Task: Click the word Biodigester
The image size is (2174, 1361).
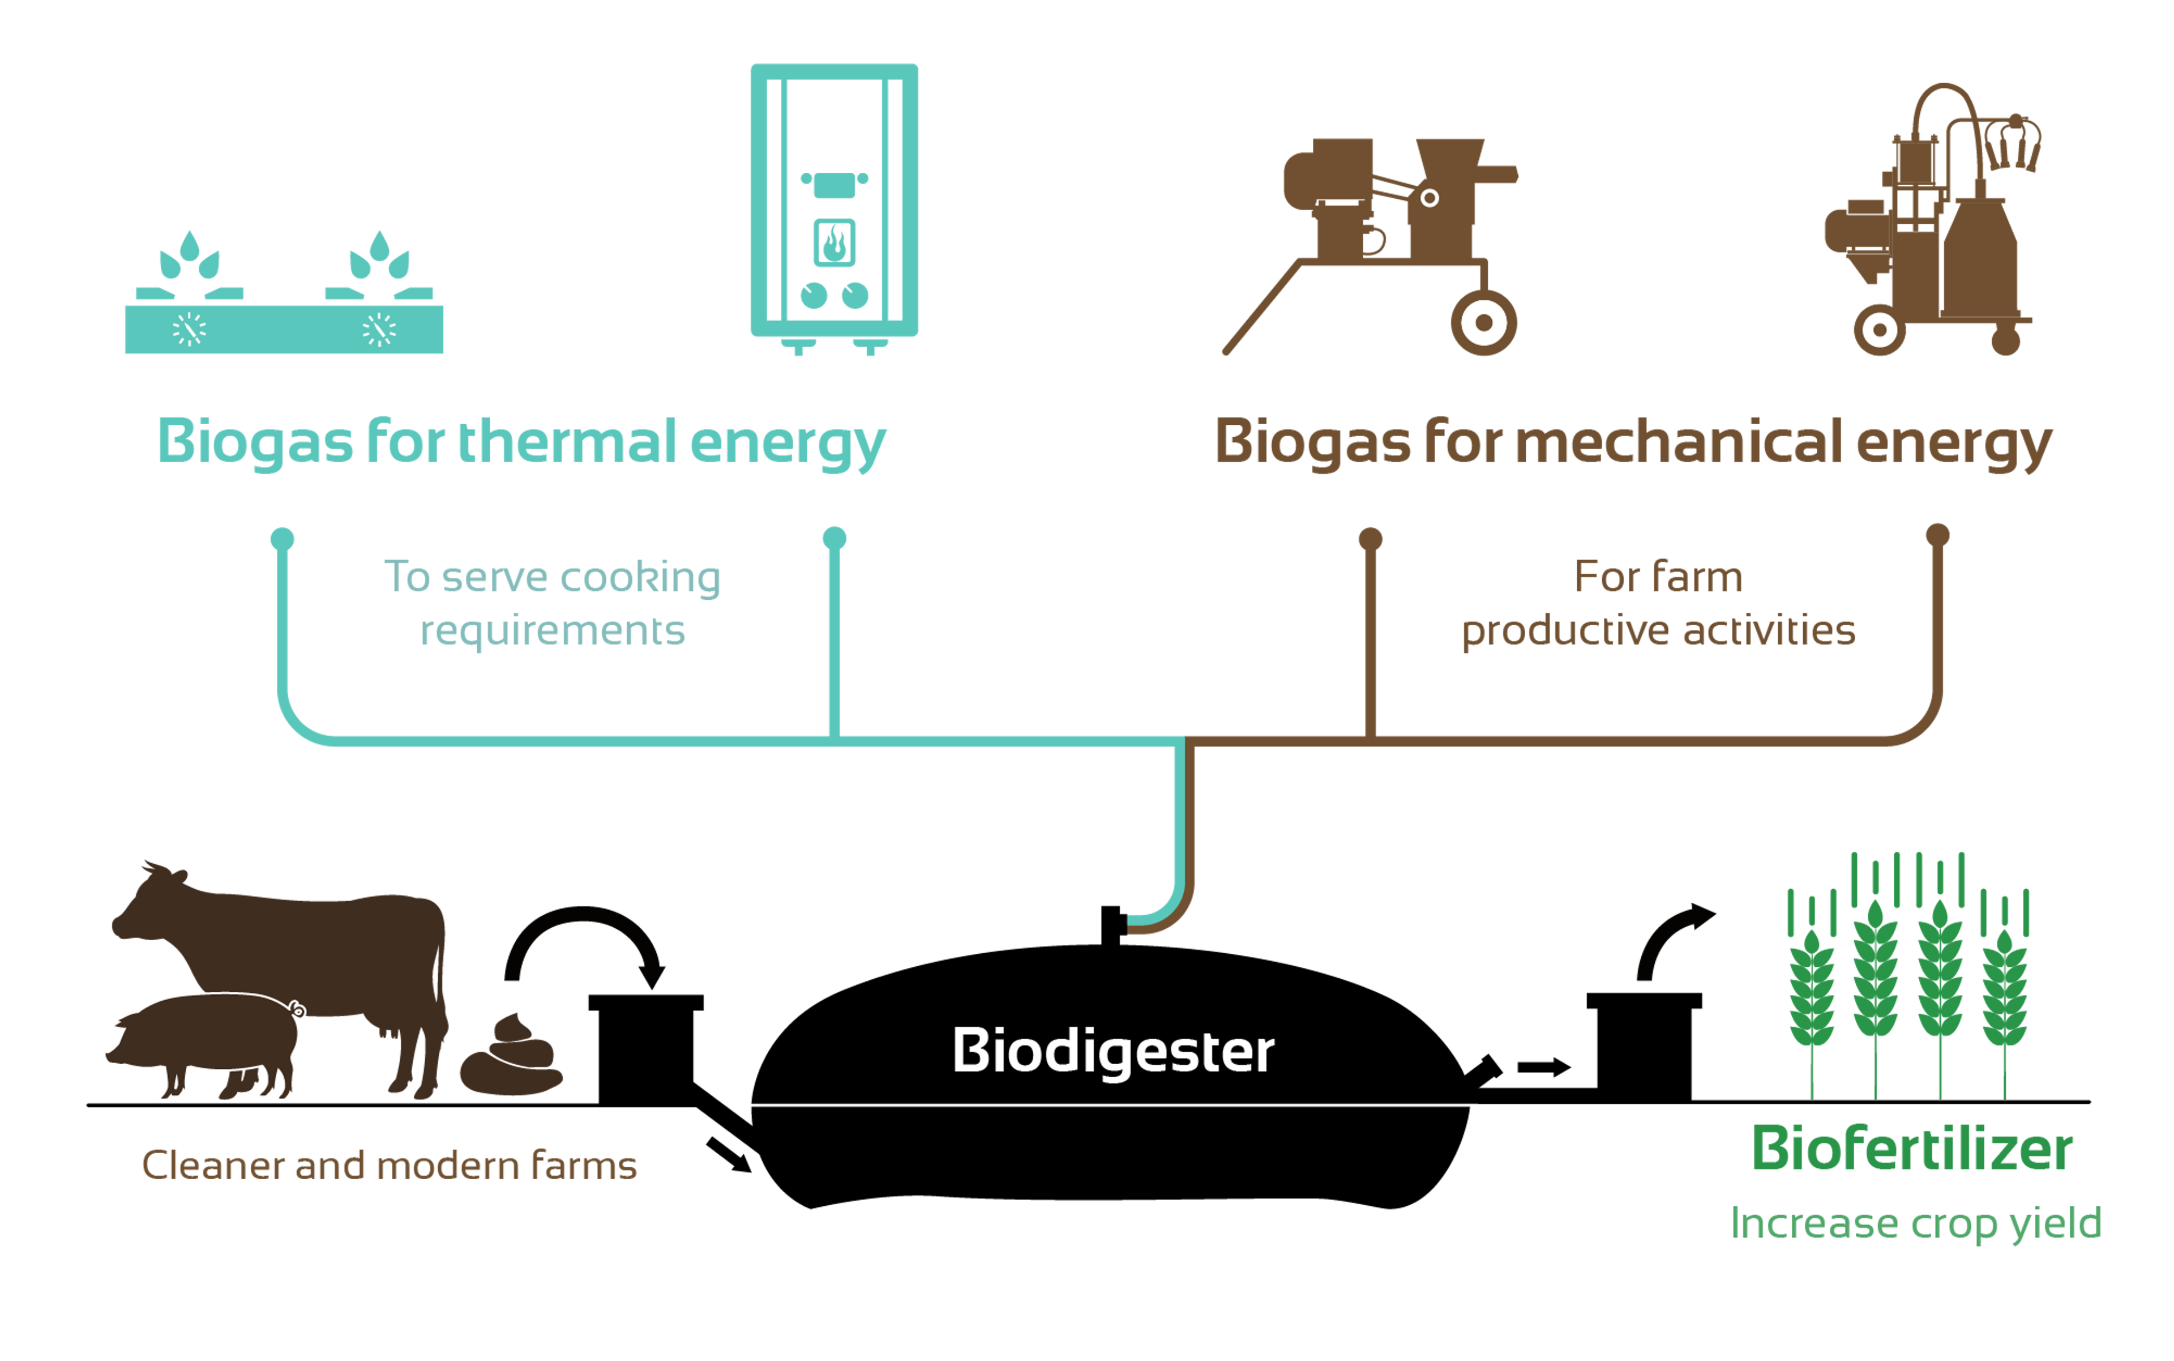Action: [1113, 1051]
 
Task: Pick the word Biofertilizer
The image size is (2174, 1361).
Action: [1912, 1150]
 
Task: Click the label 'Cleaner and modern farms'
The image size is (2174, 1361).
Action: [389, 1166]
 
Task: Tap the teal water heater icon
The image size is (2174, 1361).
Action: [834, 203]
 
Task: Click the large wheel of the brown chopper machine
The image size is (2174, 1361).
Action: [1483, 322]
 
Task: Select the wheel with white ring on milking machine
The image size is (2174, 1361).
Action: [1879, 330]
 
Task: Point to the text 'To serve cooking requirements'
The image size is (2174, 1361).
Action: [553, 603]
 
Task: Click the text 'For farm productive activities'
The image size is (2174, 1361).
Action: [1658, 603]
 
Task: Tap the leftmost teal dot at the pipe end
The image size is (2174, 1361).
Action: [283, 538]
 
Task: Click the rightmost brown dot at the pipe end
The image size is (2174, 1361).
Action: [1936, 535]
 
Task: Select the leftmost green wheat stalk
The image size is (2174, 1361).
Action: [1811, 990]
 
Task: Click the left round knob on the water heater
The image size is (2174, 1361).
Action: [814, 295]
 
